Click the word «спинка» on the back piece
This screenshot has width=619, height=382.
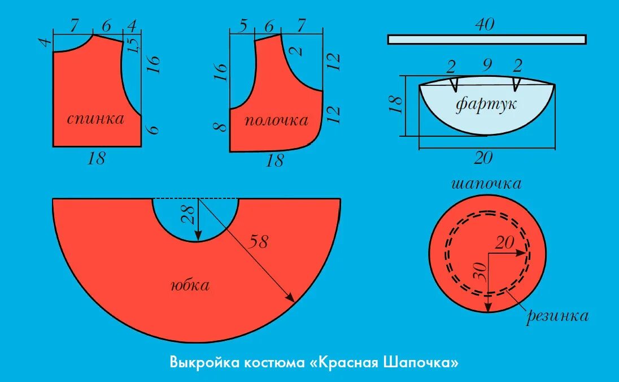pos(95,119)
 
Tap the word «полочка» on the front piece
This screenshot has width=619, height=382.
pos(276,120)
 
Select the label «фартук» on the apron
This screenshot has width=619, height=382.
pos(486,104)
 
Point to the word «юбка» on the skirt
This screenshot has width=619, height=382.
pos(190,285)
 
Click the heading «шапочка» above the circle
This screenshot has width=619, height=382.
pos(486,184)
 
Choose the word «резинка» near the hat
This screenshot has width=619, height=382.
pos(557,316)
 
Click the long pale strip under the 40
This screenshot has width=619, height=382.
pos(486,39)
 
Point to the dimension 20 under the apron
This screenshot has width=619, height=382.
pos(483,159)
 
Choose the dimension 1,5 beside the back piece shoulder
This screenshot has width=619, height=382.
pos(133,44)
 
